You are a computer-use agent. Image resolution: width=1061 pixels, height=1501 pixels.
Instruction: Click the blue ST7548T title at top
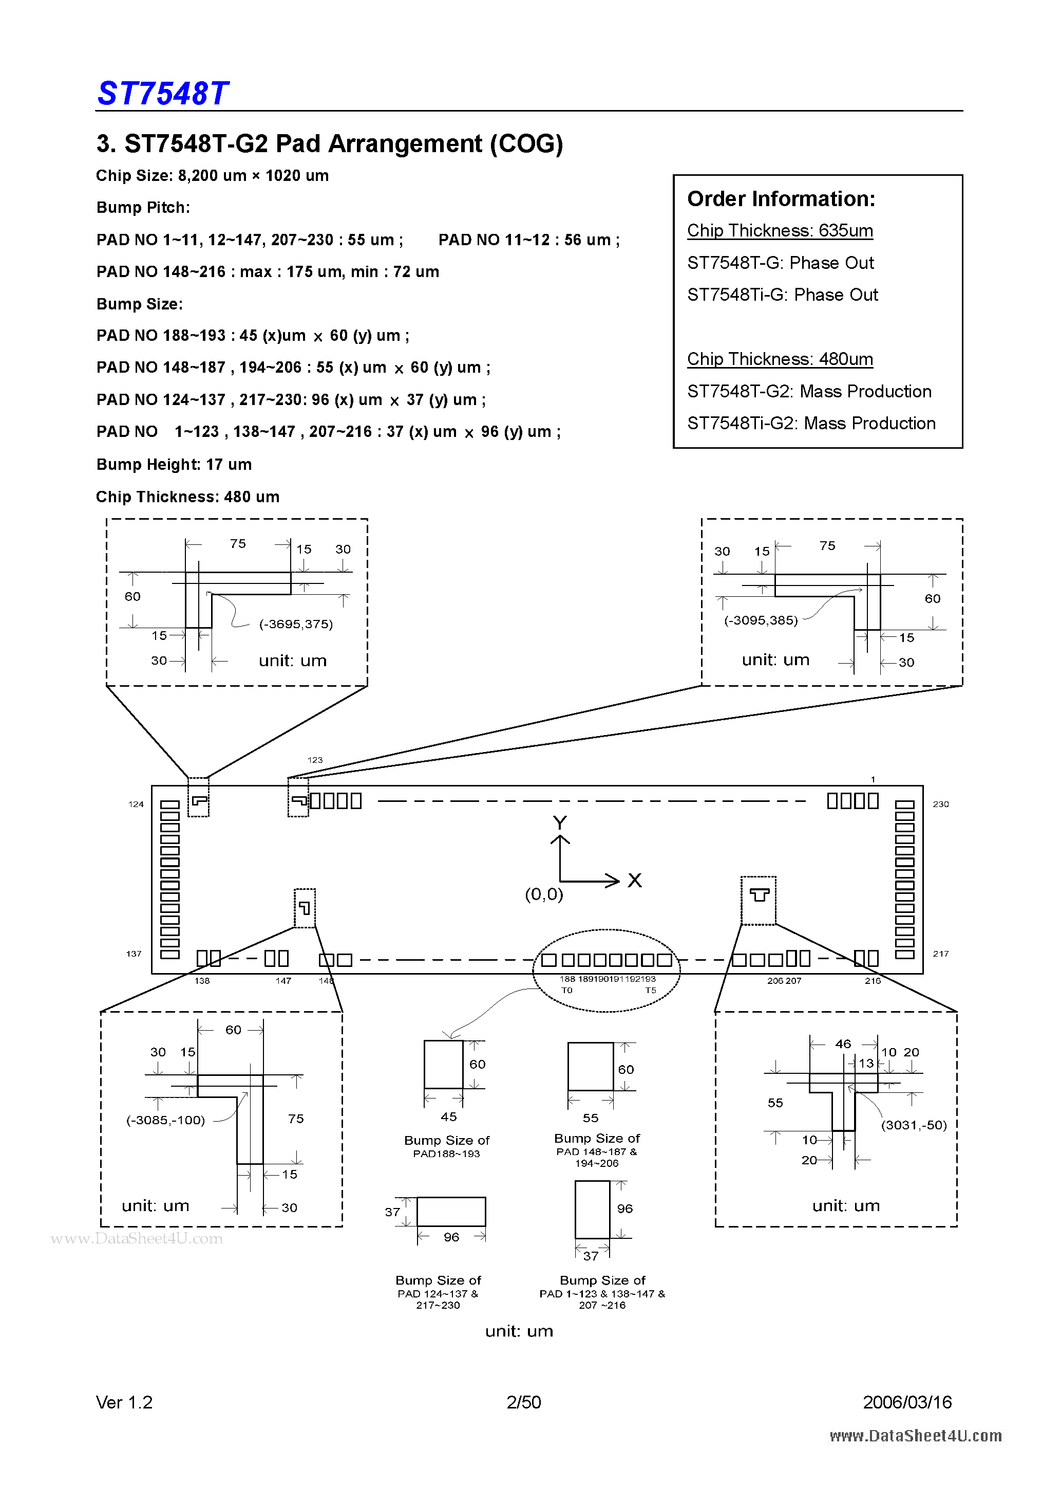[163, 94]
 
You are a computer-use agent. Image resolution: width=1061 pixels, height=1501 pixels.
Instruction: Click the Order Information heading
[781, 199]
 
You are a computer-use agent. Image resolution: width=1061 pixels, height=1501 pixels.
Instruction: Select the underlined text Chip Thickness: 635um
[780, 231]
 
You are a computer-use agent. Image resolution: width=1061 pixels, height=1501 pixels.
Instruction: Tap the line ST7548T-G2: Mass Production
[809, 391]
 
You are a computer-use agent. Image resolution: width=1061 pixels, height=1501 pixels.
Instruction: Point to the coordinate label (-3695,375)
[296, 625]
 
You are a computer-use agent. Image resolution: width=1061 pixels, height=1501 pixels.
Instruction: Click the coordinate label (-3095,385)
[761, 620]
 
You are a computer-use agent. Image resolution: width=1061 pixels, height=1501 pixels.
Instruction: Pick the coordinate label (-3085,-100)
[165, 1120]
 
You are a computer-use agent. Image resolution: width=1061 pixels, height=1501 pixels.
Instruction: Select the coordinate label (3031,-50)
[913, 1125]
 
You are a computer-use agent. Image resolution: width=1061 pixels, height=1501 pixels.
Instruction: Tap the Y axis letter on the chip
[559, 822]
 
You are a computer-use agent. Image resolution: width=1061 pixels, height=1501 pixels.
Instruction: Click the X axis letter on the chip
[634, 881]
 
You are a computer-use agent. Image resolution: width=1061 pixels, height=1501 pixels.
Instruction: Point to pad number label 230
[940, 804]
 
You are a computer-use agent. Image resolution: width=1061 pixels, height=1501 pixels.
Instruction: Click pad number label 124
[136, 804]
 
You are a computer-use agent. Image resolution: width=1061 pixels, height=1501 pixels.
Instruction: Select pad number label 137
[134, 954]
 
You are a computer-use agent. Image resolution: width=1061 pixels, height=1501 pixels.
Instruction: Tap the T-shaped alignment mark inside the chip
[759, 894]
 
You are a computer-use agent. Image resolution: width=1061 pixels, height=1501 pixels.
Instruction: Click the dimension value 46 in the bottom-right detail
[843, 1044]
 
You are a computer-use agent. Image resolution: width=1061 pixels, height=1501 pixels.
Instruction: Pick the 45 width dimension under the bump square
[448, 1116]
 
